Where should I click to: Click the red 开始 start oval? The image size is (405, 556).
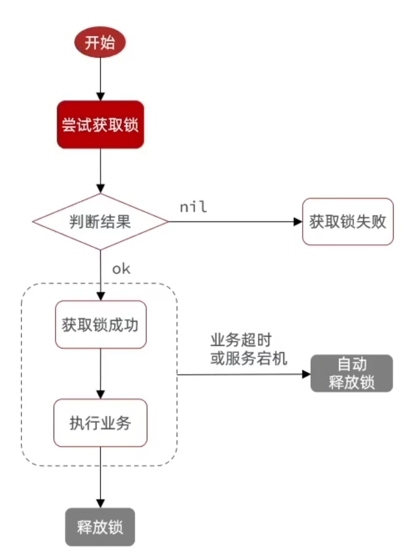[x=100, y=42]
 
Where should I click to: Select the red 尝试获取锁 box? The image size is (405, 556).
[x=100, y=124]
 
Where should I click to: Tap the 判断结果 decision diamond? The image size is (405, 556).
[x=100, y=222]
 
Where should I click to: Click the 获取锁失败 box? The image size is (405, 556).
[x=348, y=222]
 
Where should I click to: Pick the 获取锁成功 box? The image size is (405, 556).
[x=100, y=325]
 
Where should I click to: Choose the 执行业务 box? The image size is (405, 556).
[x=100, y=422]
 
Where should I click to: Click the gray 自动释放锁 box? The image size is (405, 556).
[x=351, y=373]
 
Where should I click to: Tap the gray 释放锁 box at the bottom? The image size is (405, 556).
[x=100, y=527]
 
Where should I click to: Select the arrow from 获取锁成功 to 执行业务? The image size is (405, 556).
[x=100, y=373]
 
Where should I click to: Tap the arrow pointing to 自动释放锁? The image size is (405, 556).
[x=243, y=374]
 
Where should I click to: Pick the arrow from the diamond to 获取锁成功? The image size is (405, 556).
[x=100, y=275]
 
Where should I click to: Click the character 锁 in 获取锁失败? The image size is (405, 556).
[x=348, y=222]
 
